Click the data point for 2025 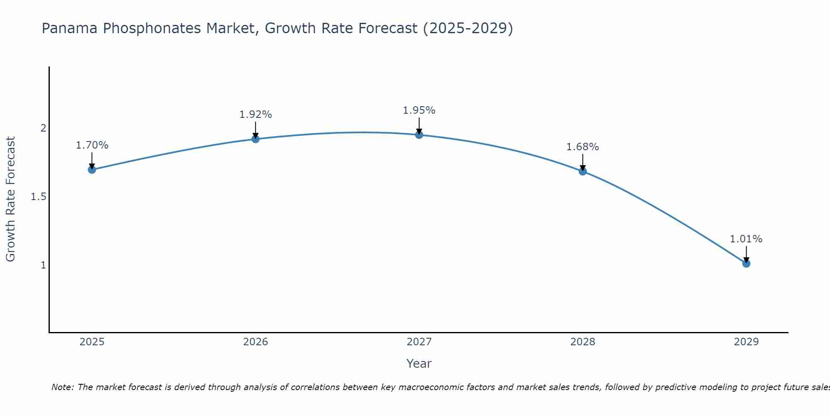click(x=92, y=169)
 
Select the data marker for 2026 click(x=256, y=139)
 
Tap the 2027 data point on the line click(x=419, y=134)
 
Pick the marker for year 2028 click(x=583, y=171)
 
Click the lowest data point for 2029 click(x=746, y=263)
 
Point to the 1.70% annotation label click(x=92, y=145)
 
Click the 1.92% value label click(x=256, y=115)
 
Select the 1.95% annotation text click(x=419, y=110)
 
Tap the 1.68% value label click(x=583, y=147)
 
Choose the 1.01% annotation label click(x=746, y=239)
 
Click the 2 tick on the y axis click(x=43, y=128)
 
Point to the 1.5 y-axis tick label click(x=39, y=197)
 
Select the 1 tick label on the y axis click(x=43, y=265)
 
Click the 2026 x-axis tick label click(x=256, y=342)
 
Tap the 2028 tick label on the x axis click(x=583, y=342)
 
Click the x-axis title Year click(x=419, y=364)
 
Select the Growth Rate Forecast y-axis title click(x=11, y=199)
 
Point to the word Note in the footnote click(x=62, y=387)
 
